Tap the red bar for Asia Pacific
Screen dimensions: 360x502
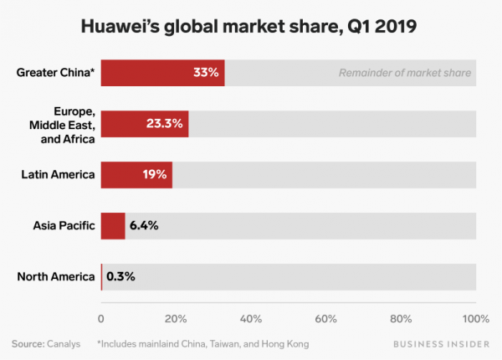coord(113,226)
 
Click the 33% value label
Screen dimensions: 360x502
coord(206,72)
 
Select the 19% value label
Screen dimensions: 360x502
coord(155,175)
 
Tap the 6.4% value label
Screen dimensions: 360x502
coord(143,226)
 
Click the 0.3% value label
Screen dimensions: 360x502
coord(120,276)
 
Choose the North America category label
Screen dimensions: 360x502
coord(55,276)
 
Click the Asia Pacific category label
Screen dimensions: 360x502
coord(64,226)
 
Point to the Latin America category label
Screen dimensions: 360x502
coord(59,175)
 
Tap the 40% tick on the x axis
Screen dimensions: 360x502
coord(251,319)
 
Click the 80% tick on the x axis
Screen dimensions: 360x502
coord(401,319)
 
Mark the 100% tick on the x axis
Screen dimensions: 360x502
coord(474,319)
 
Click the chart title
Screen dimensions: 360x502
coord(250,27)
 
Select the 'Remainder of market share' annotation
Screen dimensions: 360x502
coord(405,73)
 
